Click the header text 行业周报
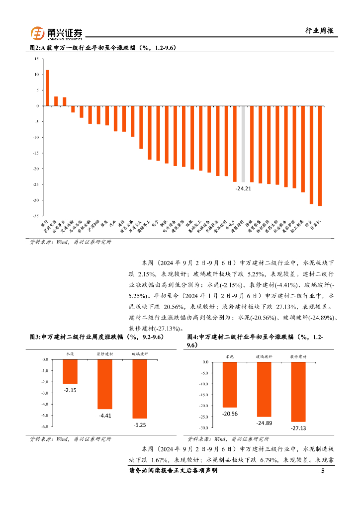(319, 31)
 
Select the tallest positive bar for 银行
(47, 88)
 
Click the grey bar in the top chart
(243, 144)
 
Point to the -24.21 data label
(243, 188)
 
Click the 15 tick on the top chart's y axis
(36, 59)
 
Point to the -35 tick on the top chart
(35, 216)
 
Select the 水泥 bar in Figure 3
(70, 371)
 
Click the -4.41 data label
(105, 415)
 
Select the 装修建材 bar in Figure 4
(298, 392)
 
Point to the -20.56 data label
(230, 414)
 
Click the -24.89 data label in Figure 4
(264, 423)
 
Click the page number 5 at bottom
(323, 470)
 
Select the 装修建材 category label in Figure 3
(104, 354)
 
